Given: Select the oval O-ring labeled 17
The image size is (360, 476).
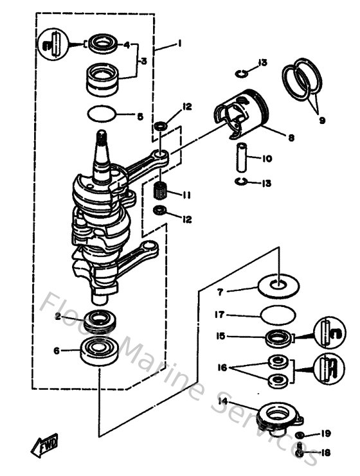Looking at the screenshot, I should coord(277,316).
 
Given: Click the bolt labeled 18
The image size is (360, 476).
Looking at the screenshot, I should coord(300,453).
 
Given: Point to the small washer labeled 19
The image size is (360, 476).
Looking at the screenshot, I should coord(300,436).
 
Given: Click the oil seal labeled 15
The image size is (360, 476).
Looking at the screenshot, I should coord(278,337).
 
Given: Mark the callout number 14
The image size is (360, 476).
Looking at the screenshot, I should coord(223,401).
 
